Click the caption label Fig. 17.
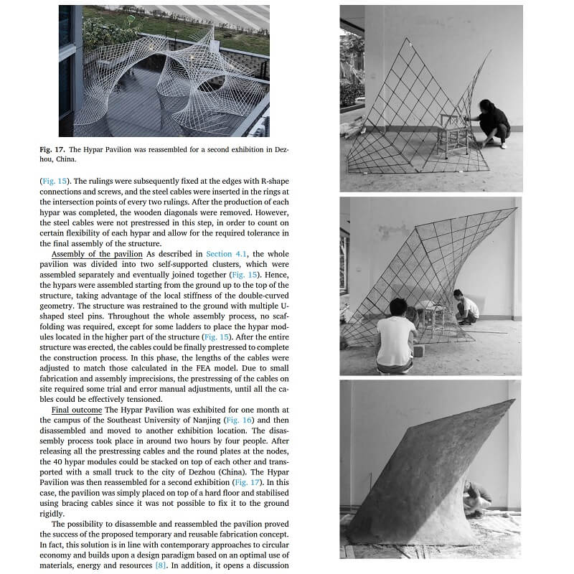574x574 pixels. tap(52, 149)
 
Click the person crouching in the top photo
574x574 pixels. tap(493, 123)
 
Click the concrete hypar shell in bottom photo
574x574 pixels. tap(423, 474)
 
